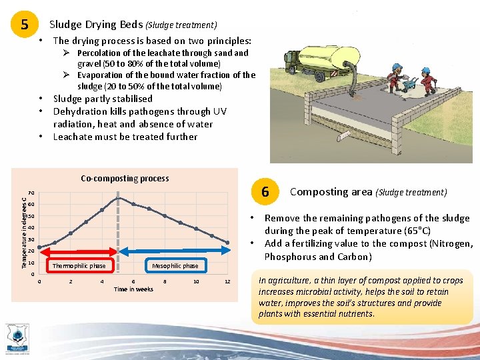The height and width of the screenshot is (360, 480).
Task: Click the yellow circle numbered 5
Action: click(x=25, y=25)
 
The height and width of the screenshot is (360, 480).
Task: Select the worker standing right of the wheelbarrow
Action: click(x=429, y=79)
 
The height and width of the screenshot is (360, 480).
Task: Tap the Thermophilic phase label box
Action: click(x=79, y=266)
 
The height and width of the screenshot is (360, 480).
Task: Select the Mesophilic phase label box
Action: click(x=175, y=266)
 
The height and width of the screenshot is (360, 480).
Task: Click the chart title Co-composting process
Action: click(x=125, y=179)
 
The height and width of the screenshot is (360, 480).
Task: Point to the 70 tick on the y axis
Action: click(x=31, y=193)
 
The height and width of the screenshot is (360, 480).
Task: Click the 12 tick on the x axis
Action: click(x=227, y=281)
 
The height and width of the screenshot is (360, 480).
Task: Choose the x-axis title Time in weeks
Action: click(x=133, y=289)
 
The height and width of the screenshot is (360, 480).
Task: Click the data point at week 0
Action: click(x=39, y=248)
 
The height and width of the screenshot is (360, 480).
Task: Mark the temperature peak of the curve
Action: click(x=118, y=198)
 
